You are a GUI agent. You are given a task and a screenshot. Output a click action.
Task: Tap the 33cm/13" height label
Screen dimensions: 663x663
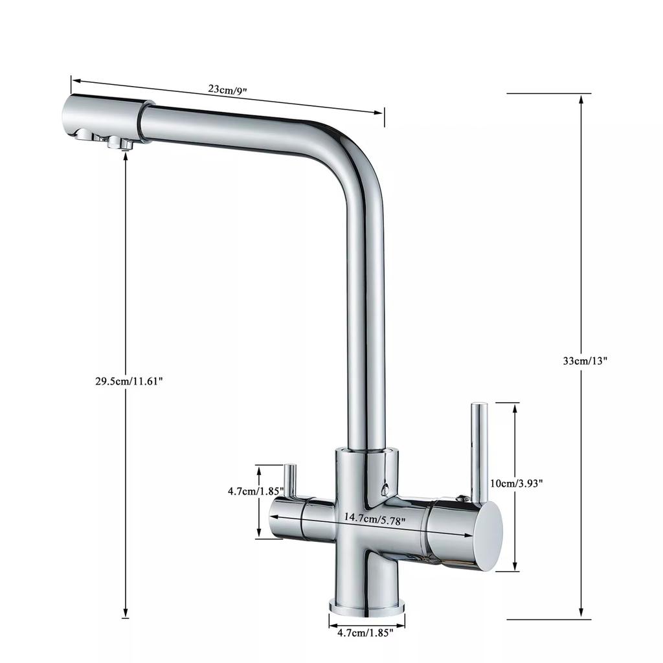(585, 361)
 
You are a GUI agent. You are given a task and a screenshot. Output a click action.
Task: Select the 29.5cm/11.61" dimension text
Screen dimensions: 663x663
(129, 381)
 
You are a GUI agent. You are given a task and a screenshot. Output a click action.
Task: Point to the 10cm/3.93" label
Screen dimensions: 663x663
(516, 482)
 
